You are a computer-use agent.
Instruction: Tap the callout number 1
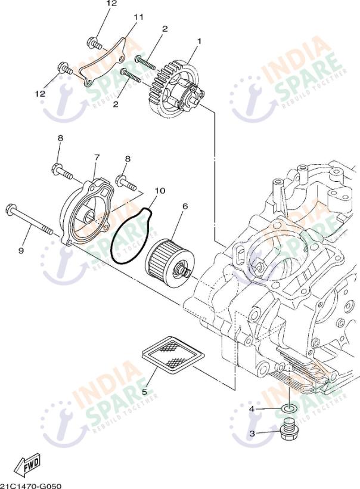pyautogui.click(x=198, y=41)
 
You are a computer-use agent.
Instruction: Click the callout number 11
pyautogui.click(x=138, y=17)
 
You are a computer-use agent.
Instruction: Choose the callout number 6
pyautogui.click(x=185, y=206)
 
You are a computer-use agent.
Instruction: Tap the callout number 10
pyautogui.click(x=159, y=191)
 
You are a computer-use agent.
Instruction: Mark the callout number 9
pyautogui.click(x=21, y=251)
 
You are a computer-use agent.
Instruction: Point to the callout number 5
pyautogui.click(x=144, y=392)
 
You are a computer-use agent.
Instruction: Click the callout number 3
pyautogui.click(x=252, y=434)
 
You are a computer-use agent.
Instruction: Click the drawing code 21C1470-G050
pyautogui.click(x=31, y=484)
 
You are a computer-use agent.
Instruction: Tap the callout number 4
pyautogui.click(x=252, y=409)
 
